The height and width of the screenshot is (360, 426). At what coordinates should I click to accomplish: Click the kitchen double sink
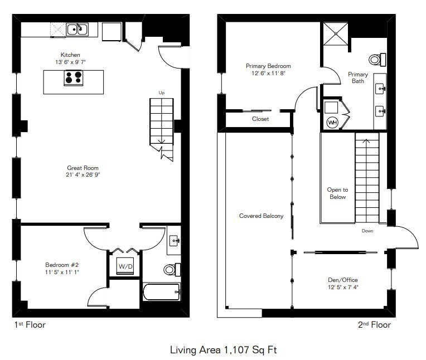point(78,30)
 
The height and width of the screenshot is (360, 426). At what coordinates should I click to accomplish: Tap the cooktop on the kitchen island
point(74,77)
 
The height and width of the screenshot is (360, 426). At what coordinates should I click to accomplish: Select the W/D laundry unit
point(125,266)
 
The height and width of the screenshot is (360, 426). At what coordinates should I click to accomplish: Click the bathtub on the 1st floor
point(161,292)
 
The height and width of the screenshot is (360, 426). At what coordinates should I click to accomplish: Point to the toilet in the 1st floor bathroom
point(172,270)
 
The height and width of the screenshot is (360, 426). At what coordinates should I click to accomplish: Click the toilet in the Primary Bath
point(377,60)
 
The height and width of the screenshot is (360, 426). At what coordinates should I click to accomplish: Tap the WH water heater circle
point(332,122)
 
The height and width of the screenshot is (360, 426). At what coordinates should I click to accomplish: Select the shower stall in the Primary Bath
point(336,33)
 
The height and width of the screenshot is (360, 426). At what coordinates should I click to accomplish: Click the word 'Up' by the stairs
point(161,93)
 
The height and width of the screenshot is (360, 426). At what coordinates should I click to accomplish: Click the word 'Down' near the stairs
point(367,231)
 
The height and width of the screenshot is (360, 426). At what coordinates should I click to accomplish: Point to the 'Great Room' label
point(83,168)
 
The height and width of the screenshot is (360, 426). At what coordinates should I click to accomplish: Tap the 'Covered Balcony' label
point(261,216)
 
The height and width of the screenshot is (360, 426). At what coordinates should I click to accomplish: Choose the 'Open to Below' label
point(337,193)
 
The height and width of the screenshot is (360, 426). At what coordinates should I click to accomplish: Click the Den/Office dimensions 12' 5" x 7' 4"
point(343,287)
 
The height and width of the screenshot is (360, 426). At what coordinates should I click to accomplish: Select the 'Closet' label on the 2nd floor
point(260,119)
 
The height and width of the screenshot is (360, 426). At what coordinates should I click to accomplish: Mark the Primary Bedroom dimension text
point(268,73)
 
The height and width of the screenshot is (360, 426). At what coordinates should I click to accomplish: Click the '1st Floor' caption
point(30,325)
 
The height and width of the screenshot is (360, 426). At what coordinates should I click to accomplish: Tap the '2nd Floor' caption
point(374,325)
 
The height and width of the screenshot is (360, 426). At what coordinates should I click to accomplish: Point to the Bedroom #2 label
point(62,265)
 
